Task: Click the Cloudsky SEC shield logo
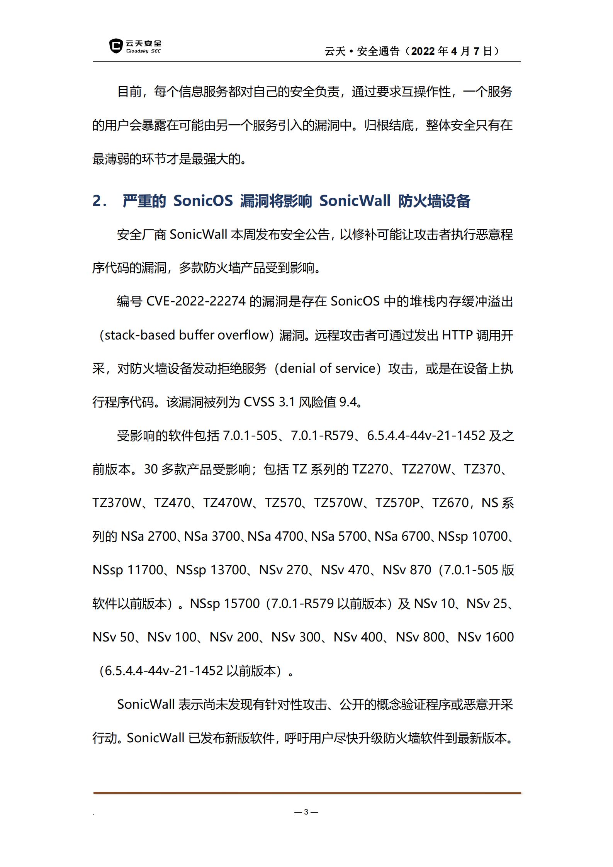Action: (x=115, y=46)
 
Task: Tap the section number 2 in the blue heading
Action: (x=97, y=201)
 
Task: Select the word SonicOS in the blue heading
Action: (x=203, y=201)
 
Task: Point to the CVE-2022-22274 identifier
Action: (x=196, y=301)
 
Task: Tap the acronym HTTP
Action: (x=457, y=335)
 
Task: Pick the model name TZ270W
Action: (x=426, y=469)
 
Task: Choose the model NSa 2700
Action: (x=148, y=536)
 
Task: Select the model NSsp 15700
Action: (x=224, y=604)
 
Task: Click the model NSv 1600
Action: (x=486, y=637)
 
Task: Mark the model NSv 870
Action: (x=407, y=570)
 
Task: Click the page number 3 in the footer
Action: (x=306, y=812)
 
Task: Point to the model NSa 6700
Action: (x=402, y=536)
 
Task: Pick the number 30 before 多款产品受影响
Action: (x=151, y=469)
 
